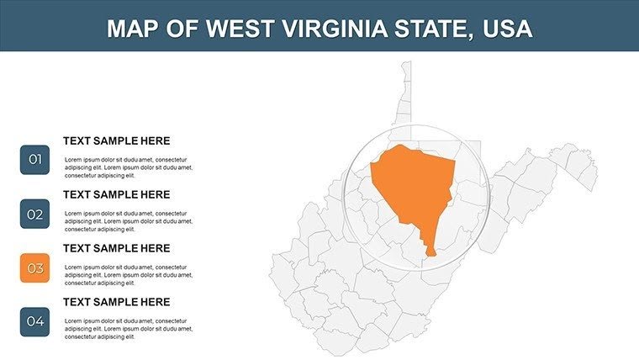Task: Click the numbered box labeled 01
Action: (34, 160)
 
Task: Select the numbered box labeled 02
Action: (34, 214)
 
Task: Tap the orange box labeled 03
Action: (34, 268)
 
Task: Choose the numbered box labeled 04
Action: (34, 321)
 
